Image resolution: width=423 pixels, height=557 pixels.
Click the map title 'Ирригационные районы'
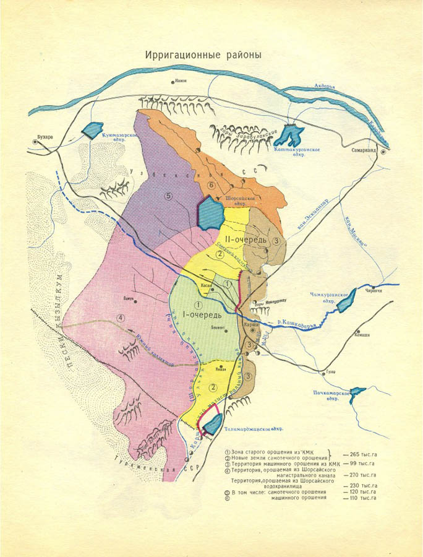click(203, 54)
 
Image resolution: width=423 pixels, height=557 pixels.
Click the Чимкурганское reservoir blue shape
click(344, 300)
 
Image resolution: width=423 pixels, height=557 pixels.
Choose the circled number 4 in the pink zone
click(122, 317)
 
